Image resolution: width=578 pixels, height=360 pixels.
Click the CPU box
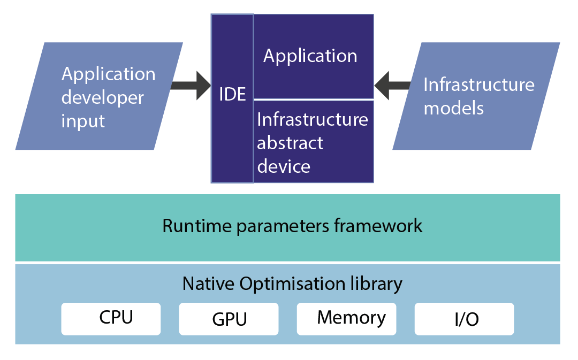click(x=111, y=319)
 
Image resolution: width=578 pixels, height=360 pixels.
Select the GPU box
click(x=229, y=319)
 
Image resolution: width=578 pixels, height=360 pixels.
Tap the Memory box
click(x=346, y=319)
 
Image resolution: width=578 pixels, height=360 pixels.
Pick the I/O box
click(x=464, y=319)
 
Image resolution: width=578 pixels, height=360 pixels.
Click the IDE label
click(x=232, y=95)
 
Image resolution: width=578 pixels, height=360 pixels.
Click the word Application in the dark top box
click(x=310, y=56)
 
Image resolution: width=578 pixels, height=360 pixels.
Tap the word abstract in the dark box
click(x=290, y=143)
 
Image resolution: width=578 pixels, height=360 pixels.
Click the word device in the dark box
click(x=284, y=166)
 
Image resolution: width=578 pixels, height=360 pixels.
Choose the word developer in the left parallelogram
click(x=103, y=97)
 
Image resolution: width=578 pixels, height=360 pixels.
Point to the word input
click(x=83, y=121)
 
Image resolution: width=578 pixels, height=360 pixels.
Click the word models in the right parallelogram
click(x=454, y=108)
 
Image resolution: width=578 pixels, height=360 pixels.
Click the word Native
click(x=208, y=284)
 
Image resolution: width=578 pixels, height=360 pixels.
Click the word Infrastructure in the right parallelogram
click(x=479, y=85)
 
